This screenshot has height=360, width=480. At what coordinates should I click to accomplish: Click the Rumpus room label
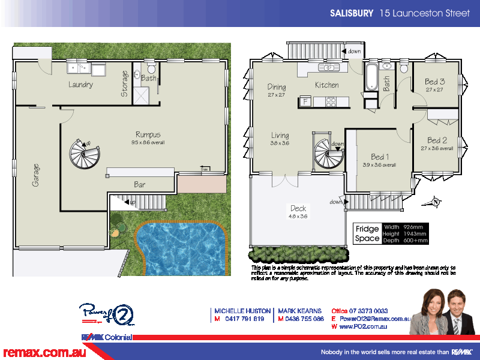148,134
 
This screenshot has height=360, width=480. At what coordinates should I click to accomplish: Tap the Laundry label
80,85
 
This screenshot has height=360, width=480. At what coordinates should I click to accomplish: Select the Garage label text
36,174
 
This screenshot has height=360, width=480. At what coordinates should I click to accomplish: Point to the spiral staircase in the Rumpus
84,155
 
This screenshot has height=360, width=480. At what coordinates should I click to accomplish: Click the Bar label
140,185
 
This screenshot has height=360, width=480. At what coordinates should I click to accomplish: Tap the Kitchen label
327,85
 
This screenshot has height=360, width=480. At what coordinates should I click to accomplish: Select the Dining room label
277,87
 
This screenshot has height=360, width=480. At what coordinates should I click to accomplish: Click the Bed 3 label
434,82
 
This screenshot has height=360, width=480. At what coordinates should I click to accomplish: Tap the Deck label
298,209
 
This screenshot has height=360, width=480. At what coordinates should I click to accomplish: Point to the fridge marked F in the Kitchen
305,102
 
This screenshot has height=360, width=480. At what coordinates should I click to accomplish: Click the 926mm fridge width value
413,227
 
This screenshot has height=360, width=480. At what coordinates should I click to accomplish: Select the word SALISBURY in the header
352,13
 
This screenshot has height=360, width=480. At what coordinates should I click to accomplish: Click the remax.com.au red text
44,352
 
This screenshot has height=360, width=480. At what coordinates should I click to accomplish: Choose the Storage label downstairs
124,83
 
